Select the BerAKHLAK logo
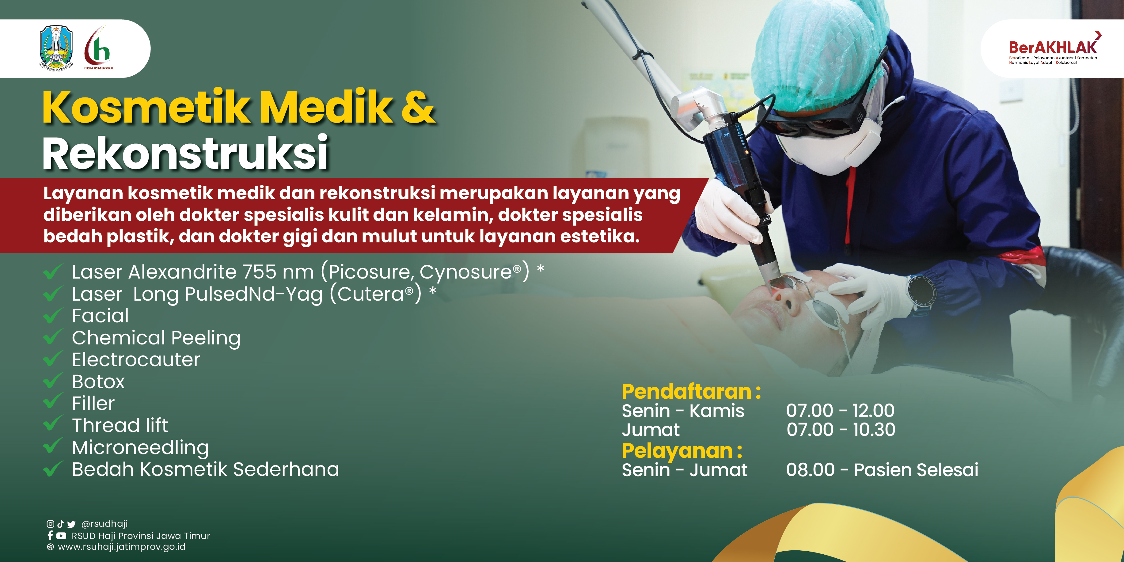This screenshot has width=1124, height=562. (1053, 48)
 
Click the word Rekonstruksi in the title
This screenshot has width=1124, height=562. (185, 153)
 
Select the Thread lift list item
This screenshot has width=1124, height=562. (120, 425)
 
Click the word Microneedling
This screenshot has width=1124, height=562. (140, 448)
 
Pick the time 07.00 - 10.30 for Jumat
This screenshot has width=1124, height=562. (841, 430)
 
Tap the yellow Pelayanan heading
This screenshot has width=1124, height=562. (682, 451)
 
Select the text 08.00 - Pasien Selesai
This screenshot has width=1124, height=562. (882, 470)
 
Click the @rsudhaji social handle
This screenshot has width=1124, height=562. (105, 524)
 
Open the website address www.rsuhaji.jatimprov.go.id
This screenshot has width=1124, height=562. (122, 547)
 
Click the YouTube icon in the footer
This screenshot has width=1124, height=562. (62, 536)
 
